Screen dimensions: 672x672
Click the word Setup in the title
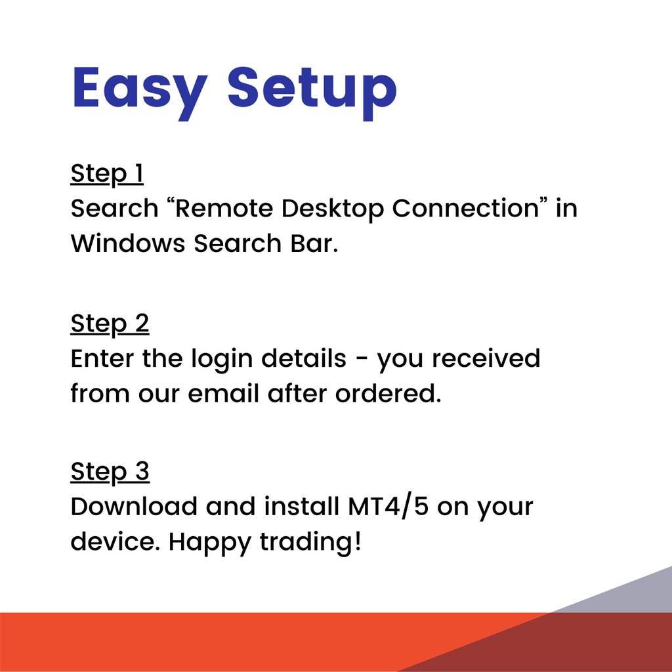tap(312, 93)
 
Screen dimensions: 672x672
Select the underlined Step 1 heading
tap(107, 174)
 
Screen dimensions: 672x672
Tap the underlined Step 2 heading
tap(110, 324)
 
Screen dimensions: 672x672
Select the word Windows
tap(128, 243)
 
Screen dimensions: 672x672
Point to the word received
tap(486, 358)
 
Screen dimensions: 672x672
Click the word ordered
tap(388, 394)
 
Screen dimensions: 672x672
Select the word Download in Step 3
tap(134, 507)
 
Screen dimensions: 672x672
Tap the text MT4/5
tap(388, 507)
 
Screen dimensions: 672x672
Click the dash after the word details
tap(362, 361)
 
